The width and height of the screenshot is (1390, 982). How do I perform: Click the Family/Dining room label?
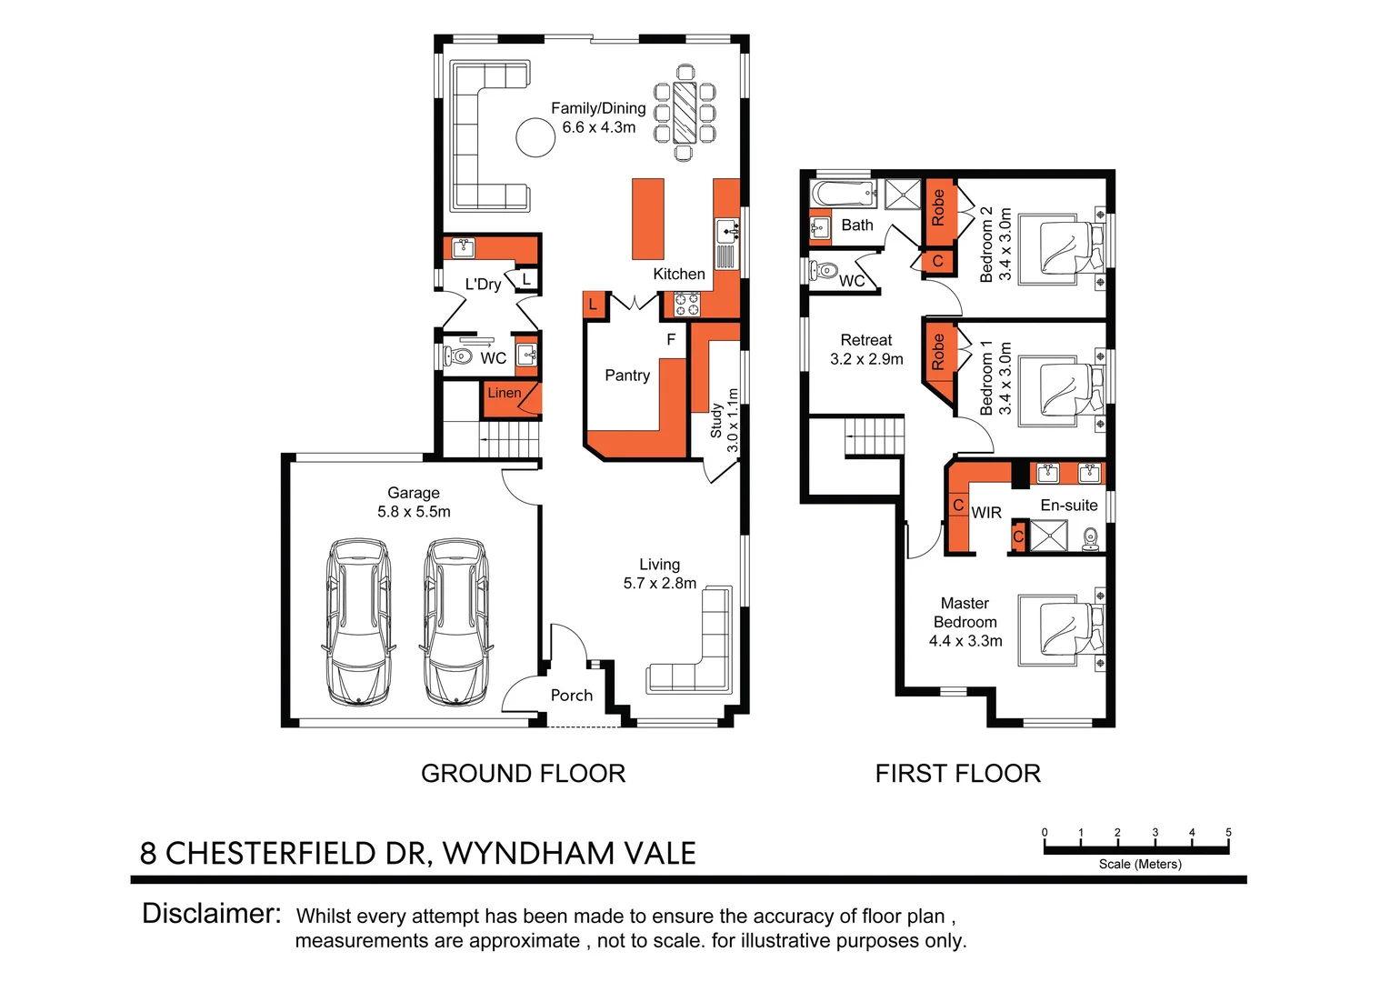(598, 108)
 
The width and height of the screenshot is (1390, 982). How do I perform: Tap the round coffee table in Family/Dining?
(535, 138)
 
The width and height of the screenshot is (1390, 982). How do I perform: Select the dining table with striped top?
(684, 112)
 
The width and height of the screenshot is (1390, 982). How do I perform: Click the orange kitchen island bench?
(648, 219)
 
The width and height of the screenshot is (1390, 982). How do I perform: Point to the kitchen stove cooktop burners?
(686, 304)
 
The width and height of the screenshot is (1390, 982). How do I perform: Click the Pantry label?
(627, 376)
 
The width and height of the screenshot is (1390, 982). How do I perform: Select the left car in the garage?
(359, 622)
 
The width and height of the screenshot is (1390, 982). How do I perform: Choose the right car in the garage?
(456, 622)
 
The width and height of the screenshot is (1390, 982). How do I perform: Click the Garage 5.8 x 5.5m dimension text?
(414, 512)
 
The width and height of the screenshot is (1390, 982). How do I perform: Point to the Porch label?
(571, 696)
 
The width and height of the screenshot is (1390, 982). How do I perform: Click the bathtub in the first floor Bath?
(843, 194)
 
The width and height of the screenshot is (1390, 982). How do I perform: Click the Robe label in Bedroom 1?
(938, 353)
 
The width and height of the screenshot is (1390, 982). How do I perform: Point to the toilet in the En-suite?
(1091, 540)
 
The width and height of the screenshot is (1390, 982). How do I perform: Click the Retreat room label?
(865, 340)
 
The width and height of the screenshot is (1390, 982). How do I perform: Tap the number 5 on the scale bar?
(1228, 832)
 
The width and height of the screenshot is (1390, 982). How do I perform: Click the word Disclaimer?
(211, 914)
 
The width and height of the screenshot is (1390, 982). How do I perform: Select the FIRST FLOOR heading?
(957, 774)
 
